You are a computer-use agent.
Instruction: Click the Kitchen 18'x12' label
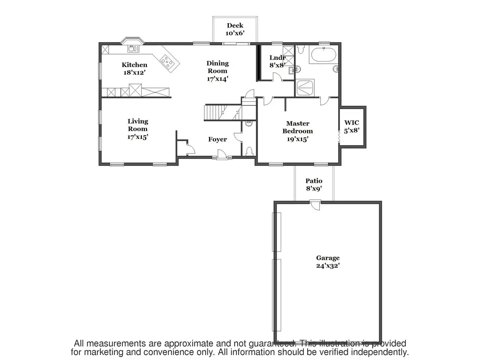point(134,68)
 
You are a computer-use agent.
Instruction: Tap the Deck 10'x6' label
point(235,29)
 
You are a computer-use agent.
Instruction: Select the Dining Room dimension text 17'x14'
point(217,79)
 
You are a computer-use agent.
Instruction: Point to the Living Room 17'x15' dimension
point(138,137)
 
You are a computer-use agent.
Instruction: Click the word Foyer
point(217,139)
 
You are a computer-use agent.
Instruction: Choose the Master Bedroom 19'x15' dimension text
point(298,139)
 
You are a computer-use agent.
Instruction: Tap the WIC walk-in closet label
point(352,123)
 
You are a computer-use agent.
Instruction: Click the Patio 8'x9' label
point(314,185)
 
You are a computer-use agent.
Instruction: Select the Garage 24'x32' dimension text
point(328,265)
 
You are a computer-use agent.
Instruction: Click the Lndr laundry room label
point(277,58)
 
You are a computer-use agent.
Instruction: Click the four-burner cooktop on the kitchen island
point(167,61)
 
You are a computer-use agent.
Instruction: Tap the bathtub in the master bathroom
point(323,55)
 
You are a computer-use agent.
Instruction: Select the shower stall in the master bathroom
point(305,88)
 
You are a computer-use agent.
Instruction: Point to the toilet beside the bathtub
point(301,49)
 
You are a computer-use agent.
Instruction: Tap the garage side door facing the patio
point(315,205)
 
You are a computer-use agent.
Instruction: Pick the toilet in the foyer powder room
point(249,151)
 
